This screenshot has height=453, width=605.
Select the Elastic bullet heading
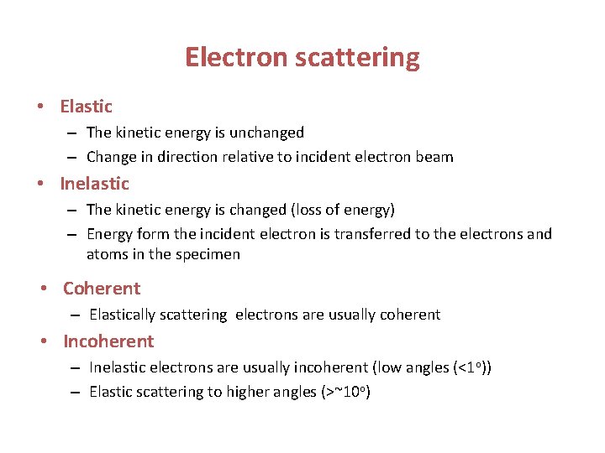(86, 107)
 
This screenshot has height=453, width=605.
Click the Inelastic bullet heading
(94, 184)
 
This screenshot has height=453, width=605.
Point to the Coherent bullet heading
(102, 289)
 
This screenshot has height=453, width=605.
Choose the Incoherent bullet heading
(108, 341)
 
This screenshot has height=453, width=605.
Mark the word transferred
(371, 234)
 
